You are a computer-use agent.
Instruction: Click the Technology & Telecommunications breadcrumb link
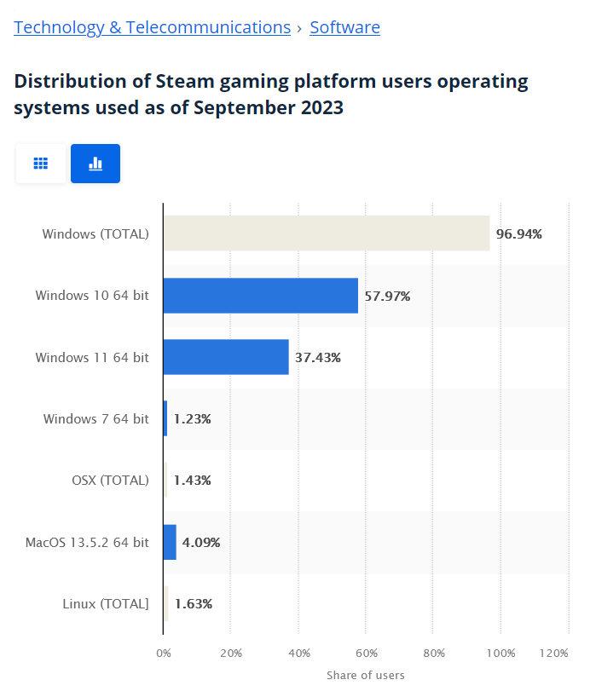152,27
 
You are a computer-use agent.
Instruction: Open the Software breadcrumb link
344,27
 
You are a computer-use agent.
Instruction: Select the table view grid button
40,164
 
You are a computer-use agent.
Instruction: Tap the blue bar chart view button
95,164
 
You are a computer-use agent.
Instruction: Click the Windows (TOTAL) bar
327,233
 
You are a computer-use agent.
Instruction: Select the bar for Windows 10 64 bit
260,296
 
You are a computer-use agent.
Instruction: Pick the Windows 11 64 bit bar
226,357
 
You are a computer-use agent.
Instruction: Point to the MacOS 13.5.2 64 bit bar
170,542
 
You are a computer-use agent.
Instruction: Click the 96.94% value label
518,234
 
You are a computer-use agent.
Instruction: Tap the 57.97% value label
387,297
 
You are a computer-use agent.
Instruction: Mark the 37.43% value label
317,358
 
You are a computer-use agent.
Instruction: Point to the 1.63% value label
193,604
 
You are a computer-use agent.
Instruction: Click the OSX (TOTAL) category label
110,481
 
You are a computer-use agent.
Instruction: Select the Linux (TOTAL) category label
106,604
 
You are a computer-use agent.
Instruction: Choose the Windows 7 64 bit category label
95,419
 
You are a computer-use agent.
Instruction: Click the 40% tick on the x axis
298,654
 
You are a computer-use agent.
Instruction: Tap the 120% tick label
554,654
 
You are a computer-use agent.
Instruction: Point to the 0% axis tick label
163,654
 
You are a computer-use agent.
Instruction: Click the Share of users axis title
365,676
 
